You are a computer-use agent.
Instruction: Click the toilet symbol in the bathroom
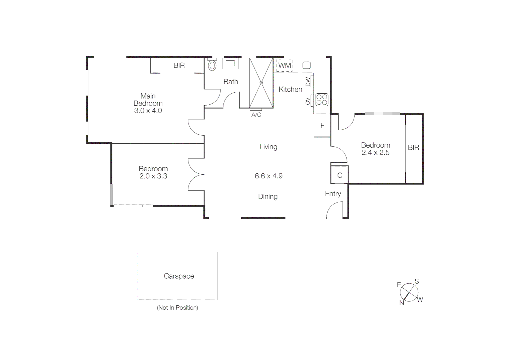212,65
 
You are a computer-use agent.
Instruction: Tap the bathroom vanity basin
230,63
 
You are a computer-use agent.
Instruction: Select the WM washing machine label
285,65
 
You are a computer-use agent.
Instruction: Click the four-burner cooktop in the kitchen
322,100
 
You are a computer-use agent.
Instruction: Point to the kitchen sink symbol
307,65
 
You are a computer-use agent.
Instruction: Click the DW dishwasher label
308,82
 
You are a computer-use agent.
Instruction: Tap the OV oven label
308,101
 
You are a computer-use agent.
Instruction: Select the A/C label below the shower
256,115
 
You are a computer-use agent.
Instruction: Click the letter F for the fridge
322,126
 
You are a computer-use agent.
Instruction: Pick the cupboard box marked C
340,175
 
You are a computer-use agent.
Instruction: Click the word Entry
333,194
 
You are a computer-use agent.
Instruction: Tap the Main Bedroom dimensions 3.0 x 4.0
148,111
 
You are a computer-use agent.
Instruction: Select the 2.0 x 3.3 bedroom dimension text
153,176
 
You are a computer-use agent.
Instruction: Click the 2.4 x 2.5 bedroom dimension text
376,153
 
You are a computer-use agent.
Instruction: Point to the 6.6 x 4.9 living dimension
269,176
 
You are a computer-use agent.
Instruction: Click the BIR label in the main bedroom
179,66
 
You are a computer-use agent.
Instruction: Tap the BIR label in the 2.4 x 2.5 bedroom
413,147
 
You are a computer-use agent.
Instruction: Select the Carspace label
179,276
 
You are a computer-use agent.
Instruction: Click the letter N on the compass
402,303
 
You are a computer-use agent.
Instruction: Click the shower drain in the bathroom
261,82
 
